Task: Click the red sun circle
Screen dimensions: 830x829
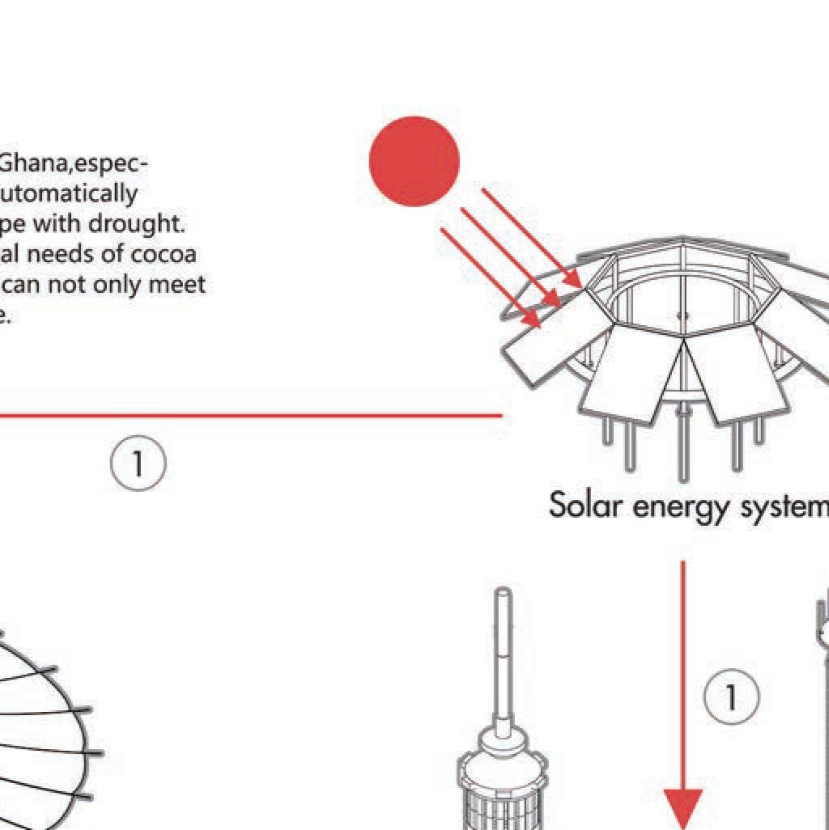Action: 414,161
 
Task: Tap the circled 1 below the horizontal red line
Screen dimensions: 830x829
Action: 138,464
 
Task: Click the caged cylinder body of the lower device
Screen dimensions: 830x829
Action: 503,801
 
